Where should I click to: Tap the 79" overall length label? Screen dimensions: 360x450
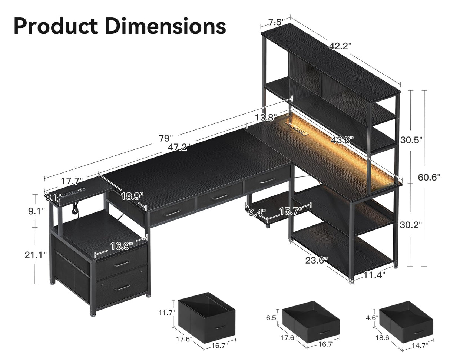point(166,138)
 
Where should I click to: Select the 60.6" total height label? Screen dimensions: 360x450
point(429,177)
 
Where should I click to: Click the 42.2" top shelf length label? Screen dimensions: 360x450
point(340,46)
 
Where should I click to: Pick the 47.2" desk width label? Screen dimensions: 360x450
point(179,147)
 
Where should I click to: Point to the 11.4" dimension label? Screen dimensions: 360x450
point(374,275)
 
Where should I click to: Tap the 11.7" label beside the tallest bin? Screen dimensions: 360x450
point(166,313)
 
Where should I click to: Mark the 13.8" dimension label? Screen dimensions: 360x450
point(265,118)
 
